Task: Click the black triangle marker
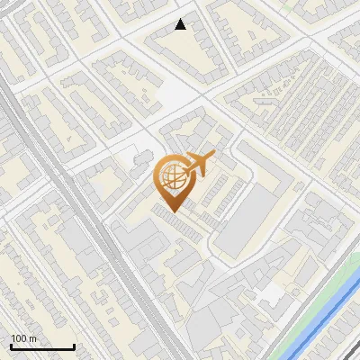(181, 24)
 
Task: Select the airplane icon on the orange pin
(198, 165)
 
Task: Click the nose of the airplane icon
(212, 157)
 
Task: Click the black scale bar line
(41, 346)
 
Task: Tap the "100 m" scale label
(22, 338)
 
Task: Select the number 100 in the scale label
(19, 338)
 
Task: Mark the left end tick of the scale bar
(10, 345)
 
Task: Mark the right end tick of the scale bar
(74, 345)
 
